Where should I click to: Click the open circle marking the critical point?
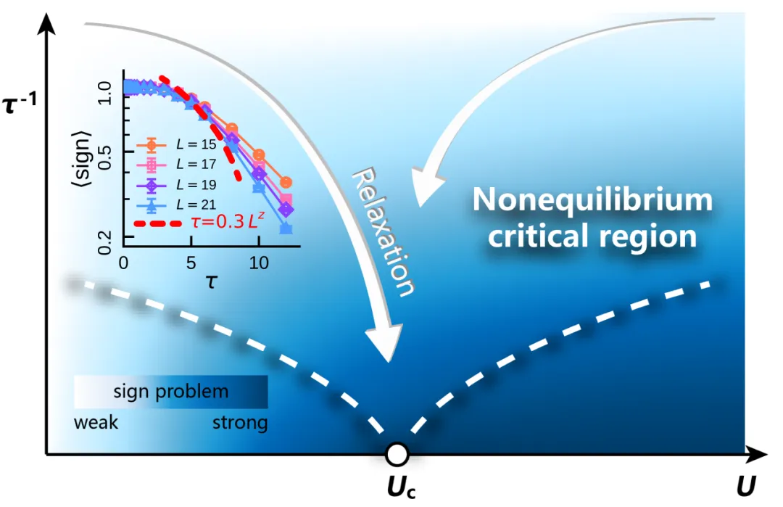[x=397, y=454]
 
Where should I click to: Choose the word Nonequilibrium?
[x=592, y=200]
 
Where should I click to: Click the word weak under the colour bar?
[x=96, y=422]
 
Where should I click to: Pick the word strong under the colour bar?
[x=239, y=422]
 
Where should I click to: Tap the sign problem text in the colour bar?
[x=171, y=392]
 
